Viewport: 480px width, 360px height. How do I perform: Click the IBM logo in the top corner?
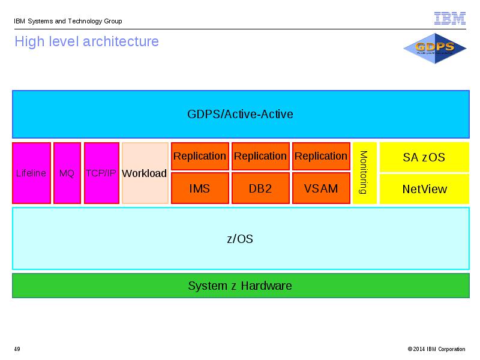click(449, 19)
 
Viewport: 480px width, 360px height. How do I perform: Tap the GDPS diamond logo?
click(434, 49)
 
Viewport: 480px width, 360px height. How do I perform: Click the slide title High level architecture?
click(86, 41)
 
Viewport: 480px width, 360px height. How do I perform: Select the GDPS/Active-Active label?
click(240, 114)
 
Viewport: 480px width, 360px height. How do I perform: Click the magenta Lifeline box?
click(32, 173)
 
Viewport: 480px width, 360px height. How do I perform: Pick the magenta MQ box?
click(67, 173)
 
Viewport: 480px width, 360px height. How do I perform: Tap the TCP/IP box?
click(101, 173)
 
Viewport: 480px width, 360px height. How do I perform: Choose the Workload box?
click(145, 173)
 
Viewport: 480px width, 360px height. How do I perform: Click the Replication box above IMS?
click(200, 156)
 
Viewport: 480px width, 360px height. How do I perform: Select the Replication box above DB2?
click(260, 156)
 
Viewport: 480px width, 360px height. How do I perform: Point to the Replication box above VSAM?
click(321, 156)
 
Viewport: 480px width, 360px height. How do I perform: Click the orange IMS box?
click(200, 188)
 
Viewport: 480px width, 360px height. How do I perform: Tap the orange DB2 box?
click(260, 188)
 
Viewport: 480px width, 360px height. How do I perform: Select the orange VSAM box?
click(321, 188)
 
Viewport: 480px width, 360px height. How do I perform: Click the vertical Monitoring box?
click(365, 173)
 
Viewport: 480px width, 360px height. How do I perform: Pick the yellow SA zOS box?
click(424, 157)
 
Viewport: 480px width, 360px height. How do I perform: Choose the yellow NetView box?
click(424, 189)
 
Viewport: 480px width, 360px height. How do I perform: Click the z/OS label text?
click(240, 239)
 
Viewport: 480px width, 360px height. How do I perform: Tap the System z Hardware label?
click(240, 286)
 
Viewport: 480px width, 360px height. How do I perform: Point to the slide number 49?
click(17, 349)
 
